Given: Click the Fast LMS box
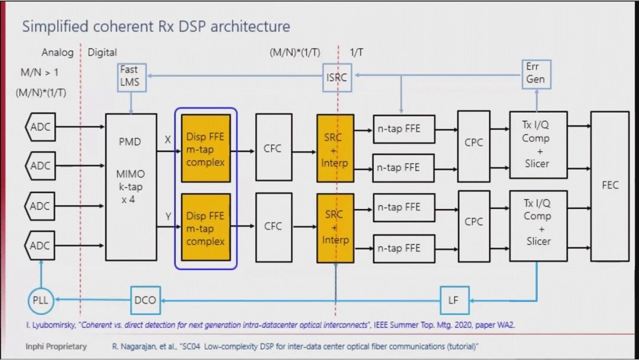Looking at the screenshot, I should [x=130, y=76].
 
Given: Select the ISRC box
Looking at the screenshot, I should [x=337, y=78].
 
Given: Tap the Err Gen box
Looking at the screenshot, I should [x=536, y=73].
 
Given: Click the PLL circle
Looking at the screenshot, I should [x=41, y=300].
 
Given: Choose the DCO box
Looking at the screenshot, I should [x=145, y=300].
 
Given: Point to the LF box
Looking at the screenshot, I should [x=453, y=300].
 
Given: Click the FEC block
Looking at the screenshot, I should [x=609, y=185].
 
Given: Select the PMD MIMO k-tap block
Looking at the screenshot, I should [x=131, y=187].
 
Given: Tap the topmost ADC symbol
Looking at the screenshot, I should [x=40, y=127].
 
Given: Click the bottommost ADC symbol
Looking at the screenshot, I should [x=40, y=246].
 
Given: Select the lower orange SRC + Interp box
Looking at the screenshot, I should [x=335, y=227].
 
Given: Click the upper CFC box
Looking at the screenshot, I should [x=273, y=148].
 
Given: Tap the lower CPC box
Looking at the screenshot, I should [x=473, y=222].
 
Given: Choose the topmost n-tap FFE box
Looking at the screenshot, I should [x=404, y=128].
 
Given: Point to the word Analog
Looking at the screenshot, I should [x=57, y=53].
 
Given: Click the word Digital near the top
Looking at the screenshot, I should [x=102, y=53].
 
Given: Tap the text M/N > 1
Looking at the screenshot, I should [x=40, y=73].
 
